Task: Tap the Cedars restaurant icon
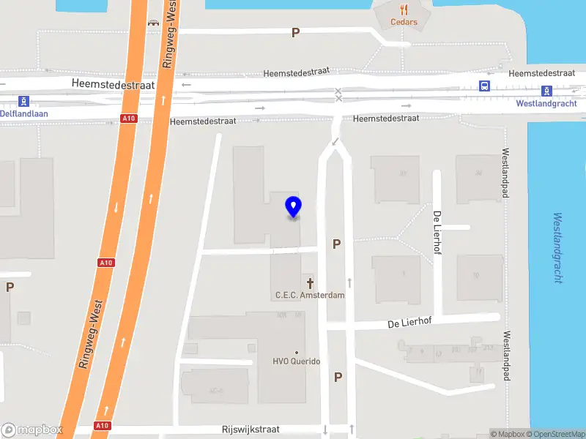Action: [x=404, y=10]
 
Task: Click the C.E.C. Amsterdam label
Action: [x=309, y=295]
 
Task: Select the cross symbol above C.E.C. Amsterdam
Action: [x=310, y=282]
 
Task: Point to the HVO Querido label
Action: [x=296, y=361]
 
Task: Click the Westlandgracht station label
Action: [x=546, y=103]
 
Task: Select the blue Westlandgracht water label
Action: [x=558, y=247]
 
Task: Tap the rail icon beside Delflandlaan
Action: [x=24, y=101]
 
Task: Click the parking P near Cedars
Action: [x=295, y=32]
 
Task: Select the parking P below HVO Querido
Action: [x=338, y=377]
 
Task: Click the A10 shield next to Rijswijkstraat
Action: [x=103, y=425]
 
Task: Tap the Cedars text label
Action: [x=404, y=22]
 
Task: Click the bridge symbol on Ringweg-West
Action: [x=153, y=23]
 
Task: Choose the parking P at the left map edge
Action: [x=10, y=287]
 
